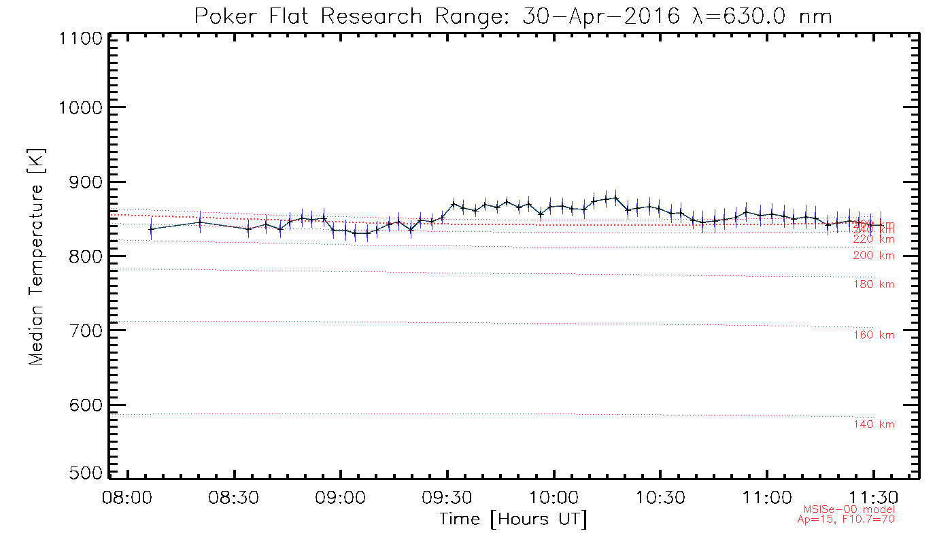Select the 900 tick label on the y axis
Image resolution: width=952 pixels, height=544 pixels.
pos(82,182)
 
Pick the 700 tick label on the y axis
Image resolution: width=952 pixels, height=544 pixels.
pos(82,330)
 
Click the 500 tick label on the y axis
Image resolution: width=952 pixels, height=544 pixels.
pos(82,473)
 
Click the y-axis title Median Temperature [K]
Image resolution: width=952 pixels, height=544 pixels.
pos(36,256)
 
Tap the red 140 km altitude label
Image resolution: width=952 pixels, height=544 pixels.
pos(874,424)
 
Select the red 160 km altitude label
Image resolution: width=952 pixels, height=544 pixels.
pos(874,335)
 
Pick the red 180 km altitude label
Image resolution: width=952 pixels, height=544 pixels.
pos(874,284)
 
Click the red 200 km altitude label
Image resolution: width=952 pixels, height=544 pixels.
pos(874,256)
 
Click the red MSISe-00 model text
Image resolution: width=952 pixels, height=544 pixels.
pos(849,509)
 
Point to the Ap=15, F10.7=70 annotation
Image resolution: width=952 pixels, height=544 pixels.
pos(846,520)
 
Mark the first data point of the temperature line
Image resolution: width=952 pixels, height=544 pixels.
pos(151,229)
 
